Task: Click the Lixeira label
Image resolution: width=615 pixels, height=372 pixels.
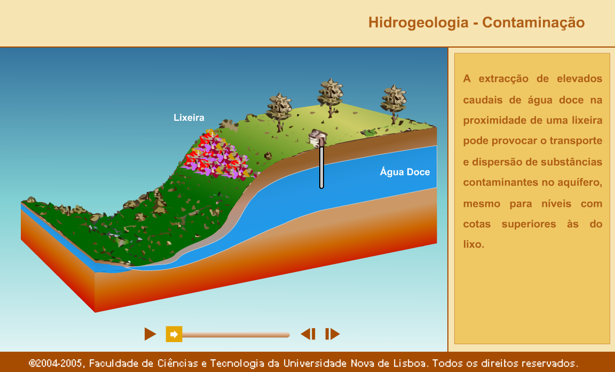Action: (189, 118)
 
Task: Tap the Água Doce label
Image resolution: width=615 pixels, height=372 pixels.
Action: (405, 172)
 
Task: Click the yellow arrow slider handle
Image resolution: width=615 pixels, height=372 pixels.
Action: (174, 334)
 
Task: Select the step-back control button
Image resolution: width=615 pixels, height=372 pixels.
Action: (308, 334)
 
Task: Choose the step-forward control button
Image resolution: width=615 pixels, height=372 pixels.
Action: (332, 334)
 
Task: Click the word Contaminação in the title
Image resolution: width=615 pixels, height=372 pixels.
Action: (533, 22)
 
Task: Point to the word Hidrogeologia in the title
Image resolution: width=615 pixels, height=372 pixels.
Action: (418, 22)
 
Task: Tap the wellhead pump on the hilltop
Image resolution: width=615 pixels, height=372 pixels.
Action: (318, 138)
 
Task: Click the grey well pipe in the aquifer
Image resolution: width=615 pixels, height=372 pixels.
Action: (321, 167)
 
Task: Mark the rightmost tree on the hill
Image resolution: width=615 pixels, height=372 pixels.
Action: (393, 103)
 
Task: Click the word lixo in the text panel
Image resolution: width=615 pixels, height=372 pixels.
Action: (474, 244)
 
